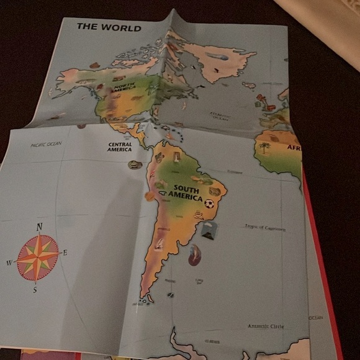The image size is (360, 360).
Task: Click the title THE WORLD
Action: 109,27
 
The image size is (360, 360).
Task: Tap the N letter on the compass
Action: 39,227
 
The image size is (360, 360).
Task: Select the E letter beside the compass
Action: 65,253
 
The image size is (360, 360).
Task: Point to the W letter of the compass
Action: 9,263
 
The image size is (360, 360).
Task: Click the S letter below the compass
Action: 35,289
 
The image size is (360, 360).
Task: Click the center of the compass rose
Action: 37,257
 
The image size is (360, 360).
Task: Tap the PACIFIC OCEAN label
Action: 47,145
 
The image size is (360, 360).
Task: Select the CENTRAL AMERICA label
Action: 119,146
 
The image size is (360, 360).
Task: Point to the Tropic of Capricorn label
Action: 265,228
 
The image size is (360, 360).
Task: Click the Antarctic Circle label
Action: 266,326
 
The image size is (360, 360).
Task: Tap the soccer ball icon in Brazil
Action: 209,202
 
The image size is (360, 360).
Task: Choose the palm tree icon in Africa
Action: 265,148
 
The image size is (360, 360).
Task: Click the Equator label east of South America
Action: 234,171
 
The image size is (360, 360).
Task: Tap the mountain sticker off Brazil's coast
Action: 209,231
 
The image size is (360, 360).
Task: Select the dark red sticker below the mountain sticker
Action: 195,254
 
